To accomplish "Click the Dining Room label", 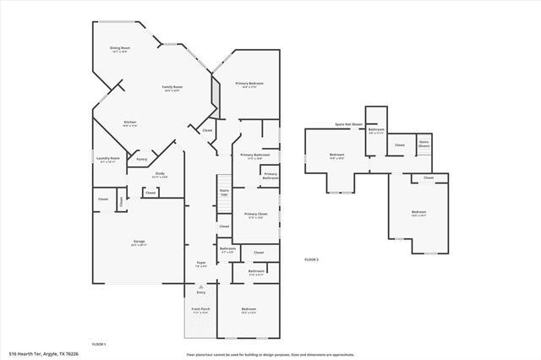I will [x=119, y=50].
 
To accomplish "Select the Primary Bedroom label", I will [x=249, y=85].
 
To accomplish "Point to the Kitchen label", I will [x=130, y=124].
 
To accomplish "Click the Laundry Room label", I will [x=109, y=158].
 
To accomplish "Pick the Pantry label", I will [x=142, y=158].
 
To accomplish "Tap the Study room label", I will [x=159, y=175].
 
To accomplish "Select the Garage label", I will [x=139, y=243].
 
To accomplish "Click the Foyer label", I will [x=201, y=264].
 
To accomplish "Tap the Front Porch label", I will [x=201, y=310].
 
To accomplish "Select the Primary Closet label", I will [x=255, y=215].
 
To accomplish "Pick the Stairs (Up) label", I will [x=224, y=194].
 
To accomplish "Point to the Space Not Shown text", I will [x=348, y=124].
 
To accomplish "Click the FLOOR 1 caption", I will [x=98, y=344].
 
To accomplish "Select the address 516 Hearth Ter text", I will [x=43, y=353].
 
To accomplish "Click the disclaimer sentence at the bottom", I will [x=270, y=353].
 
